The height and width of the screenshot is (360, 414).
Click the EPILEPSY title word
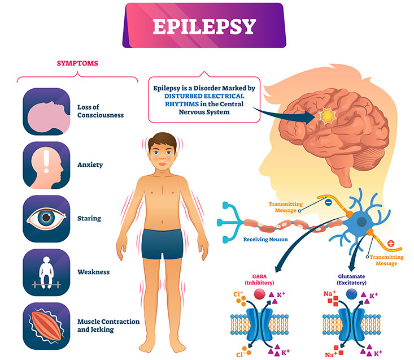[204, 27]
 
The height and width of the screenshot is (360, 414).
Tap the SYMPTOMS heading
[77, 63]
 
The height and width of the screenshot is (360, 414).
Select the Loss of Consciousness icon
[46, 111]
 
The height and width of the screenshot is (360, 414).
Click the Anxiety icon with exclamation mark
[46, 165]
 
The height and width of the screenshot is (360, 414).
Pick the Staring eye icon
[46, 219]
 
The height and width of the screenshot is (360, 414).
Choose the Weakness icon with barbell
[46, 272]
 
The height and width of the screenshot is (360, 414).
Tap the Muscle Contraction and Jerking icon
[46, 326]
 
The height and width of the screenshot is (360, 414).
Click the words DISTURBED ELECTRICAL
[204, 96]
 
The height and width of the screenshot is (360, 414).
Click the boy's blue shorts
[162, 244]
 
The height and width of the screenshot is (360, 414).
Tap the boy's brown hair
[162, 142]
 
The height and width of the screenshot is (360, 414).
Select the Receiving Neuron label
[265, 240]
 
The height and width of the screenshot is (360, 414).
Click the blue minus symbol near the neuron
[328, 202]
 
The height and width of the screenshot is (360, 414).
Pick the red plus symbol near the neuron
[391, 243]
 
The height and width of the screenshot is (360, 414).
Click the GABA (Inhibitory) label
[260, 279]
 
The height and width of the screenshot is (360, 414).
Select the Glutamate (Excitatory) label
[351, 279]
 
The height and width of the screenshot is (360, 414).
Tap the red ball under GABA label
[259, 294]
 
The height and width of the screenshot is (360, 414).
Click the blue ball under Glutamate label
[351, 294]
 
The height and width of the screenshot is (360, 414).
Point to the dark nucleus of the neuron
[361, 222]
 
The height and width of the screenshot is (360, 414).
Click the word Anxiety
[90, 165]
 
